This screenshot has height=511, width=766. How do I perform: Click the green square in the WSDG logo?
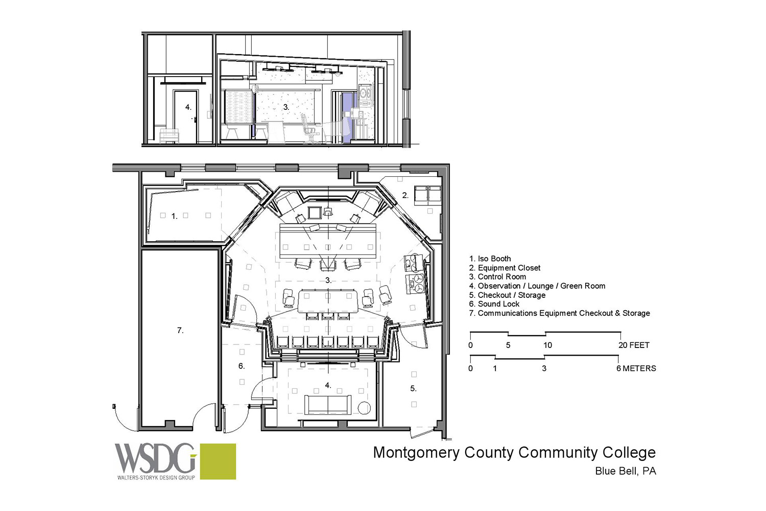click(218, 461)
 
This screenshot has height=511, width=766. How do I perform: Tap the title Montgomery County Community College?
click(514, 453)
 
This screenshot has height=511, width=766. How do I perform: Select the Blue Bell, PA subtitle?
click(626, 471)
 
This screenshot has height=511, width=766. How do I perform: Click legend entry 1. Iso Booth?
click(490, 259)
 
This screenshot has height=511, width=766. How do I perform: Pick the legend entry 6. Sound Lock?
click(494, 304)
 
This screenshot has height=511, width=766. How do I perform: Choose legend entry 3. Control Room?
click(497, 276)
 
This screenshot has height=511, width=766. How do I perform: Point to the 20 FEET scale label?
click(634, 345)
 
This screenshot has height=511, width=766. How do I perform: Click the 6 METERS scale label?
click(636, 368)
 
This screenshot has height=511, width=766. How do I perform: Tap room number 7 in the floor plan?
click(180, 331)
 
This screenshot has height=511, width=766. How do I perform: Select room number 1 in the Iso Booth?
click(175, 216)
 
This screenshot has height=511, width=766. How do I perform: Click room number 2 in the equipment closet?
click(405, 195)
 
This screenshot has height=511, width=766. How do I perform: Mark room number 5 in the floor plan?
click(414, 388)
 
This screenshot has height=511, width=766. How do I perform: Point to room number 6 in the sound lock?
click(242, 366)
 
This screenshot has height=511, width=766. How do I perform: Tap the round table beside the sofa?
click(364, 408)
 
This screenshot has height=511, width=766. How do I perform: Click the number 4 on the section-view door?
click(188, 107)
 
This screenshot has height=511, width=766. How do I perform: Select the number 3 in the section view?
click(286, 107)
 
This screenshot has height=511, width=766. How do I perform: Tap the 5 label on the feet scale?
click(508, 345)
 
